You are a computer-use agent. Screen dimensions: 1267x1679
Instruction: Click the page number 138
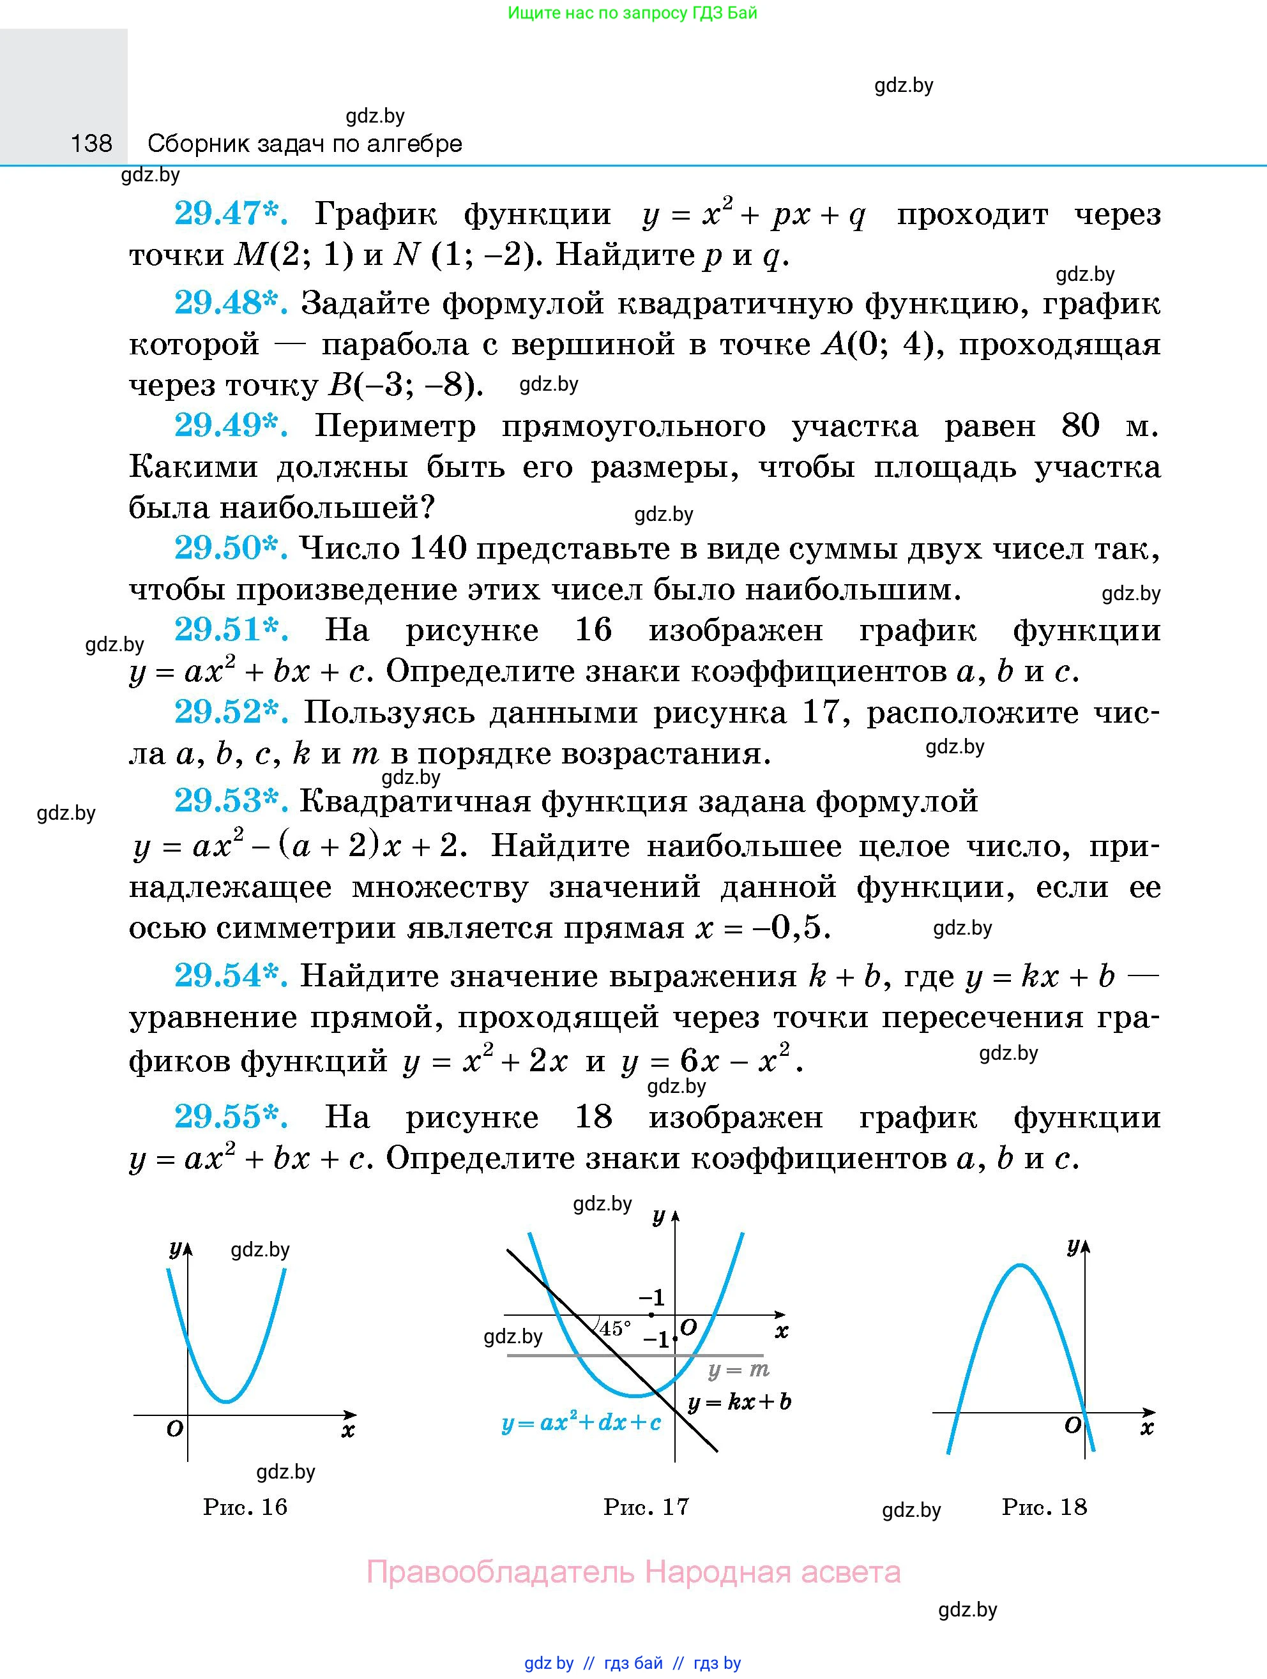click(91, 143)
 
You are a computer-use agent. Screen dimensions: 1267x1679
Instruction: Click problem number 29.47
click(230, 214)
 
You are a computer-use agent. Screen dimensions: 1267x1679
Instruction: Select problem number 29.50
click(230, 548)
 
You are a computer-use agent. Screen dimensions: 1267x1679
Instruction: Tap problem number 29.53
click(230, 801)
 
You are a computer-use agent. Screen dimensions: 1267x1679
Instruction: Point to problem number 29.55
click(230, 1117)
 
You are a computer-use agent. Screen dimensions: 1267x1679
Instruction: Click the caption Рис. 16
click(245, 1506)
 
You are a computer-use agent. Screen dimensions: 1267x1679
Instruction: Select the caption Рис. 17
click(646, 1506)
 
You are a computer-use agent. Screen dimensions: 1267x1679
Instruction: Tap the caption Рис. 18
click(1045, 1506)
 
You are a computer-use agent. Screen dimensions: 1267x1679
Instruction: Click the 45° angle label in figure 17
click(615, 1329)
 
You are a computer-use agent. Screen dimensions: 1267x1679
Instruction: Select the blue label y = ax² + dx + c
click(580, 1422)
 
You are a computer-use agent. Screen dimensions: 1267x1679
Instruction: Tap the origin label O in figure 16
click(174, 1429)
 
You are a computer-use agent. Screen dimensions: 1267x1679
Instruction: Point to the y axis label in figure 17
click(658, 1217)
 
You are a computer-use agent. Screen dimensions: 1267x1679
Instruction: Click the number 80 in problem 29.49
click(1081, 426)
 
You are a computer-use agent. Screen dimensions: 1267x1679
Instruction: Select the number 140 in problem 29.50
click(437, 548)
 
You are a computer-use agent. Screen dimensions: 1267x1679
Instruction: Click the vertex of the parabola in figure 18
click(1020, 1265)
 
